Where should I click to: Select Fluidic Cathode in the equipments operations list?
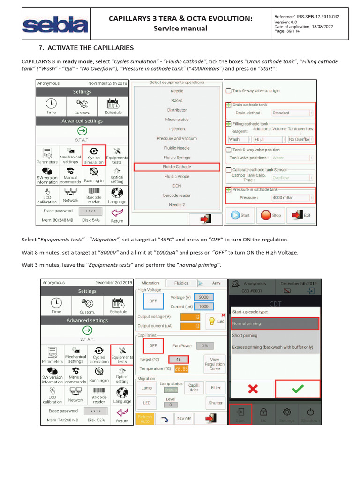(177, 167)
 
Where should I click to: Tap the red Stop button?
(270, 215)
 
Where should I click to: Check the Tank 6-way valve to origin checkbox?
(229, 91)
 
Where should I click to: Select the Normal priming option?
(275, 323)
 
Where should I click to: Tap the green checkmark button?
(297, 389)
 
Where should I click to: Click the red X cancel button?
(253, 389)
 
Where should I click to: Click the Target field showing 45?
(178, 360)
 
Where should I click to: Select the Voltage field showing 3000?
(203, 297)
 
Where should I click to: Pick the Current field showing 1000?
(203, 306)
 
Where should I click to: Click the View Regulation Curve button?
(215, 364)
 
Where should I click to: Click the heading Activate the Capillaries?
(86, 48)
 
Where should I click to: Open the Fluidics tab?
(181, 283)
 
